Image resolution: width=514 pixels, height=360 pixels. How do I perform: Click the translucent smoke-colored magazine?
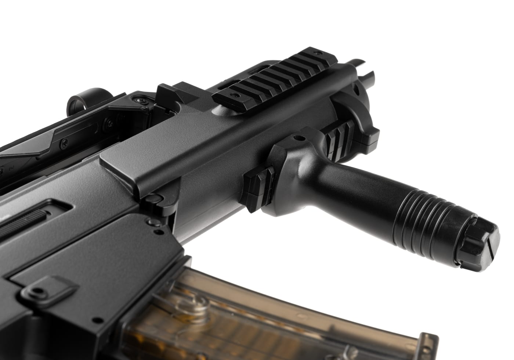184,312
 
